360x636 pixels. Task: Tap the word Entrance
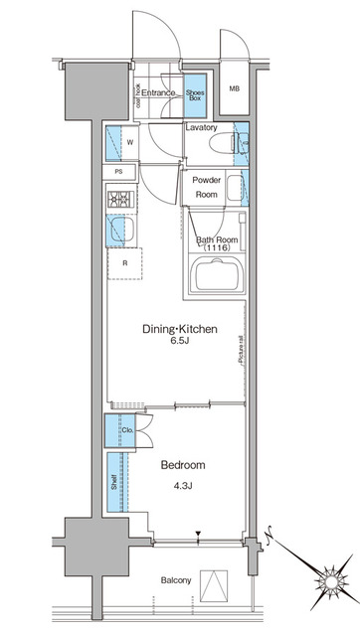click(x=158, y=93)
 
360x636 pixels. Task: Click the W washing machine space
click(x=130, y=142)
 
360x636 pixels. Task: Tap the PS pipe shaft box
click(x=118, y=172)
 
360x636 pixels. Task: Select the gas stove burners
click(x=120, y=199)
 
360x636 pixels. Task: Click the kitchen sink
click(x=119, y=232)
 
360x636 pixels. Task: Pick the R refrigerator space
click(x=124, y=263)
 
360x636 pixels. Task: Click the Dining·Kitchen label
click(x=179, y=329)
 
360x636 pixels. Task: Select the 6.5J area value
click(x=179, y=342)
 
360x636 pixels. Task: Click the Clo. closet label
click(x=127, y=430)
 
